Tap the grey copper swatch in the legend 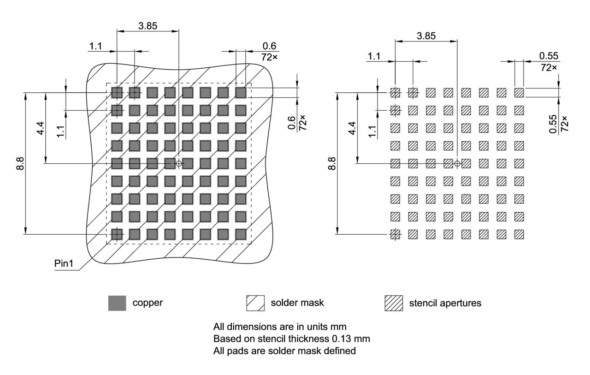[117, 303]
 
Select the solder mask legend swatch [255, 303]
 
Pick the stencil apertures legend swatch [394, 303]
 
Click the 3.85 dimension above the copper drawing [147, 26]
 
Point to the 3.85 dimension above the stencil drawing [426, 36]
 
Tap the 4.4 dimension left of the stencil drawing [352, 128]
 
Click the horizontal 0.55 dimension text [548, 56]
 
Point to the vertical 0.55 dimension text [553, 125]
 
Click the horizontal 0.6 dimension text [269, 46]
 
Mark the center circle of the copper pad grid [179, 163]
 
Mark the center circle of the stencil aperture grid [457, 163]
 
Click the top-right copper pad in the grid [241, 93]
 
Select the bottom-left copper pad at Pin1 [117, 234]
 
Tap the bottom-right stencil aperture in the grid [519, 234]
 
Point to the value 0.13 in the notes [343, 339]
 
